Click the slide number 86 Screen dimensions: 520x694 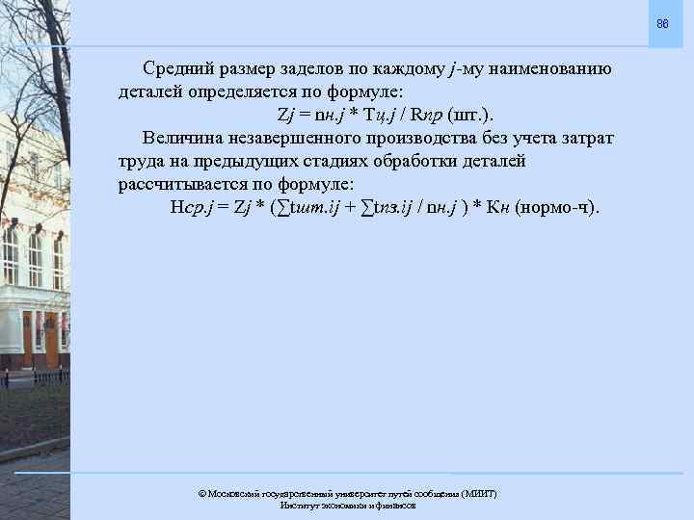(662, 22)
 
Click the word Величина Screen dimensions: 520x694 (184, 137)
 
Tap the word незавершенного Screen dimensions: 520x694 (307, 137)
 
